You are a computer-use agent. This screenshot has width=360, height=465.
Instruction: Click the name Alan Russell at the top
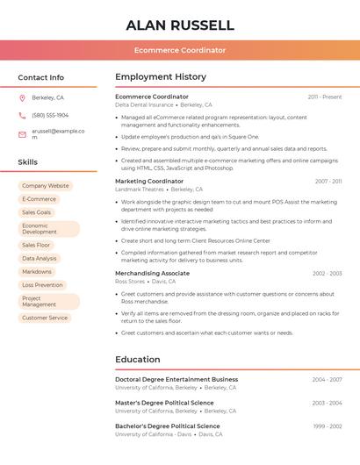pyautogui.click(x=180, y=25)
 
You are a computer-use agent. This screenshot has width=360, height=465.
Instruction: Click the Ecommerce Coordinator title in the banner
pyautogui.click(x=180, y=51)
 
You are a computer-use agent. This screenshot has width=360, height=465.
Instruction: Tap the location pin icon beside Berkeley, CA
pyautogui.click(x=22, y=97)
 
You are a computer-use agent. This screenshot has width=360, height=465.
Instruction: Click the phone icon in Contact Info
pyautogui.click(x=22, y=115)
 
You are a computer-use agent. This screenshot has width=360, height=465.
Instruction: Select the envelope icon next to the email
pyautogui.click(x=22, y=134)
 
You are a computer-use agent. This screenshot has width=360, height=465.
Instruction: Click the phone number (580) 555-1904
pyautogui.click(x=50, y=115)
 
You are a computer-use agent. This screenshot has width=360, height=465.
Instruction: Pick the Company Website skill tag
pyautogui.click(x=45, y=186)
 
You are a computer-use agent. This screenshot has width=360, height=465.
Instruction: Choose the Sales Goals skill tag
pyautogui.click(x=36, y=212)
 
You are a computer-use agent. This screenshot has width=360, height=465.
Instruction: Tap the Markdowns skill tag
pyautogui.click(x=37, y=272)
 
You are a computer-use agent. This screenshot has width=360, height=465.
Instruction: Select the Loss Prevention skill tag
pyautogui.click(x=42, y=285)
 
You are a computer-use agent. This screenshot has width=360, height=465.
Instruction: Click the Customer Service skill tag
pyautogui.click(x=45, y=318)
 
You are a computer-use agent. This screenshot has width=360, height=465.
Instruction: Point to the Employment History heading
pyautogui.click(x=161, y=77)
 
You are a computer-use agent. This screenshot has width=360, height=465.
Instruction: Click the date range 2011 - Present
pyautogui.click(x=325, y=97)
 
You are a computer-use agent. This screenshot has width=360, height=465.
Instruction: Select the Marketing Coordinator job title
pyautogui.click(x=149, y=181)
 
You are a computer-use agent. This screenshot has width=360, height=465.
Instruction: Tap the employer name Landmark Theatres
pyautogui.click(x=140, y=190)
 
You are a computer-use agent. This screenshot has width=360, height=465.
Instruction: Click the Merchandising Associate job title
pyautogui.click(x=152, y=273)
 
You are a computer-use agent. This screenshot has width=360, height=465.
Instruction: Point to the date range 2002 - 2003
pyautogui.click(x=327, y=274)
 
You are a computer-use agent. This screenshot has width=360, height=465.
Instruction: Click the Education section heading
pyautogui.click(x=138, y=360)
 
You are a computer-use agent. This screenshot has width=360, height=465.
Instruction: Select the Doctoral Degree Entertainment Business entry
pyautogui.click(x=176, y=380)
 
